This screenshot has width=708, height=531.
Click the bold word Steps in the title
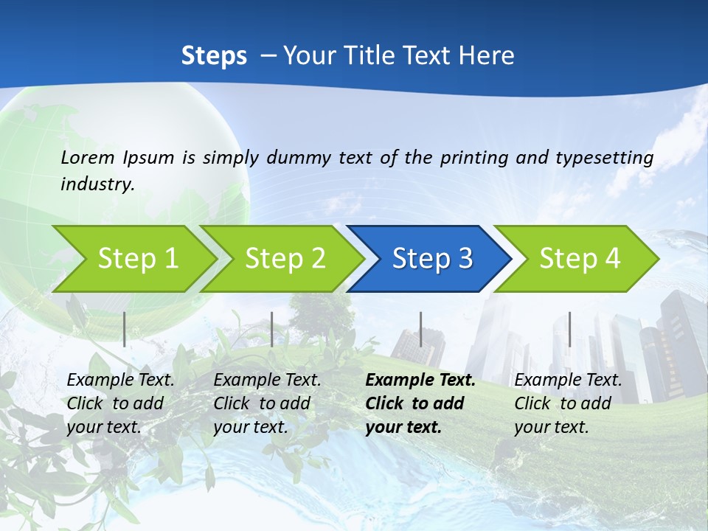[x=214, y=56]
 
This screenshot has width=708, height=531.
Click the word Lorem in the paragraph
[x=88, y=157]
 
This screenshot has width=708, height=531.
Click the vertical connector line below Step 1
[x=125, y=329]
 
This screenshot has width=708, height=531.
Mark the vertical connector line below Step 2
[x=272, y=329]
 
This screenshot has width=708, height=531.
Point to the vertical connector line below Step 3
[x=420, y=329]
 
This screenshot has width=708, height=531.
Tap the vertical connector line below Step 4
[x=569, y=329]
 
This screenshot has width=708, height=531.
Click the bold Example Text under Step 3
[x=420, y=381]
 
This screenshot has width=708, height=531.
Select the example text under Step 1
[x=120, y=403]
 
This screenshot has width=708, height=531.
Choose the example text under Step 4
[x=568, y=403]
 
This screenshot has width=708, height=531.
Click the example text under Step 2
[x=267, y=403]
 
